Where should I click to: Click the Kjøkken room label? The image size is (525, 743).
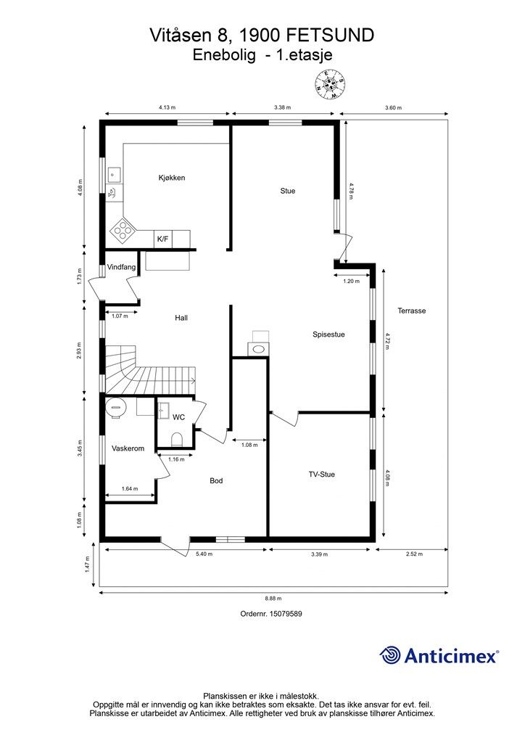point(173,178)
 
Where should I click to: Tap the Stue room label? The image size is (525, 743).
point(288,191)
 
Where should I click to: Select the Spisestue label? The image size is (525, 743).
point(328,334)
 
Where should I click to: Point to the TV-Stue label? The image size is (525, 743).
point(321,475)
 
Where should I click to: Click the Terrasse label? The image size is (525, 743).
point(411,311)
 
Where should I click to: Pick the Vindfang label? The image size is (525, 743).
point(121,268)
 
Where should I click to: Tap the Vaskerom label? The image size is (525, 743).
point(128,448)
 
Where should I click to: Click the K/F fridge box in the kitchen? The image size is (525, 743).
point(162,238)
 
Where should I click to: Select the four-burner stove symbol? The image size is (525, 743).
point(123,231)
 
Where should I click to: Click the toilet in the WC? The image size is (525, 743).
point(176,438)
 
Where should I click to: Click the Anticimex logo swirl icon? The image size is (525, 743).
point(391,655)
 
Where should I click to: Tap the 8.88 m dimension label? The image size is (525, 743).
point(273,599)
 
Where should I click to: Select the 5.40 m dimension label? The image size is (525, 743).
point(204,554)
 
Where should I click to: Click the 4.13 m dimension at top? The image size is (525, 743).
point(168,107)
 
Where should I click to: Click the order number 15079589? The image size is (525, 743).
point(271,614)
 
